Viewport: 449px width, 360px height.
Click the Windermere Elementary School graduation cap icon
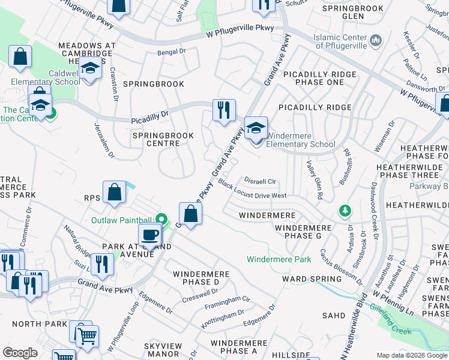[x=256, y=128]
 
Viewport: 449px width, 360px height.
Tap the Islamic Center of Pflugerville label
[x=341, y=41]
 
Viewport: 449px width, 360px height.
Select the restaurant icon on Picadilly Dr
[x=224, y=110]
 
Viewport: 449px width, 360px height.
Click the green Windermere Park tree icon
[x=345, y=211]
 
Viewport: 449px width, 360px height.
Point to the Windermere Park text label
[x=279, y=259]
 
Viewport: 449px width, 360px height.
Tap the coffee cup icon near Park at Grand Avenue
[x=149, y=234]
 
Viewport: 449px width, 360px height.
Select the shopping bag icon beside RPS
[x=114, y=193]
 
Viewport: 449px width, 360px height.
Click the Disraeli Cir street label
[x=260, y=181]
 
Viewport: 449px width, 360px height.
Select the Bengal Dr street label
[x=171, y=52]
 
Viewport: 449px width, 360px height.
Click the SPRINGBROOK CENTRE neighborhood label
[x=163, y=140]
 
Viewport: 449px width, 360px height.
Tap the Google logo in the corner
[x=20, y=353]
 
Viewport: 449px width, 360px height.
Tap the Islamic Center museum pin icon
[x=376, y=41]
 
